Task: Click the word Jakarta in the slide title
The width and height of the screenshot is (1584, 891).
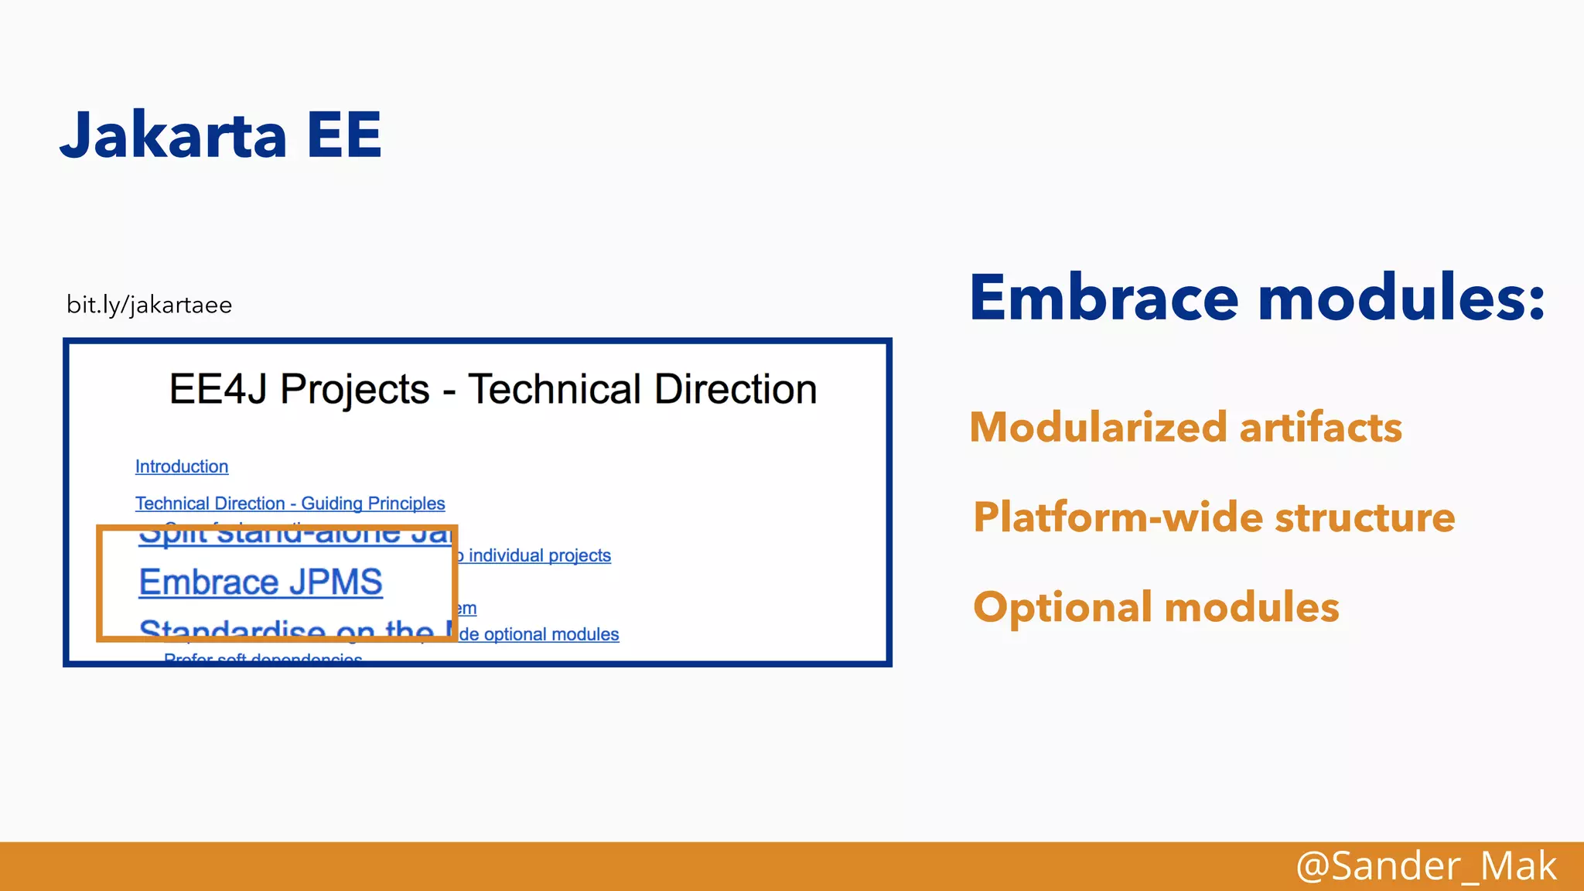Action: click(x=173, y=135)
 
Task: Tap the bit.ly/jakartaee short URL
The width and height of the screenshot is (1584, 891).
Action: click(x=149, y=305)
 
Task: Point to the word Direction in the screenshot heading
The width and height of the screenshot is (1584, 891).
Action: click(x=735, y=389)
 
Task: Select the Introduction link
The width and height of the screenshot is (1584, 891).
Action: click(x=182, y=466)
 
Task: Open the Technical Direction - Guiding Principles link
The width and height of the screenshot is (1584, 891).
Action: click(x=290, y=504)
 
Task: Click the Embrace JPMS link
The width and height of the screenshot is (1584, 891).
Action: click(x=261, y=582)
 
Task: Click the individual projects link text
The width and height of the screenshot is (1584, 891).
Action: click(x=539, y=555)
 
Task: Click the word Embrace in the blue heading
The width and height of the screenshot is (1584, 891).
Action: click(x=1104, y=298)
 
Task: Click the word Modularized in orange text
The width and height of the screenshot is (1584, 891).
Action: click(x=1098, y=428)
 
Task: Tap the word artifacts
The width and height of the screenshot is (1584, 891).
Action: click(x=1320, y=428)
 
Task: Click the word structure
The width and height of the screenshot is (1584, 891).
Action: click(x=1365, y=517)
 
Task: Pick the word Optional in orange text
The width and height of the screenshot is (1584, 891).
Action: click(x=1063, y=607)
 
